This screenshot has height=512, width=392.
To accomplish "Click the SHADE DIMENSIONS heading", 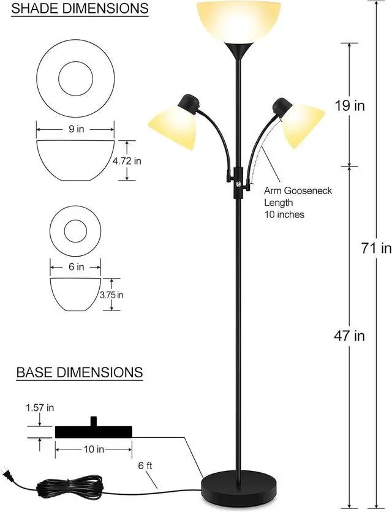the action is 80,9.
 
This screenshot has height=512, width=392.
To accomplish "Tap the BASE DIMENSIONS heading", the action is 80,372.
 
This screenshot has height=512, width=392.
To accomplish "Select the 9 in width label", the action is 76,129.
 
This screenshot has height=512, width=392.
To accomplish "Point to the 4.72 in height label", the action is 127,161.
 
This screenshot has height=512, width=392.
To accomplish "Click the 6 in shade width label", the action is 76,267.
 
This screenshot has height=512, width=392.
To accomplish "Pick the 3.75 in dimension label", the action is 111,295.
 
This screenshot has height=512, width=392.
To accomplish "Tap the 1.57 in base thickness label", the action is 40,407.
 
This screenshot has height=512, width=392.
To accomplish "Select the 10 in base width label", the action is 94,450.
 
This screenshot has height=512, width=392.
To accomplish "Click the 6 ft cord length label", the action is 145,465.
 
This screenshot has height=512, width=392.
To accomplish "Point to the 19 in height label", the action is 350,105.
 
